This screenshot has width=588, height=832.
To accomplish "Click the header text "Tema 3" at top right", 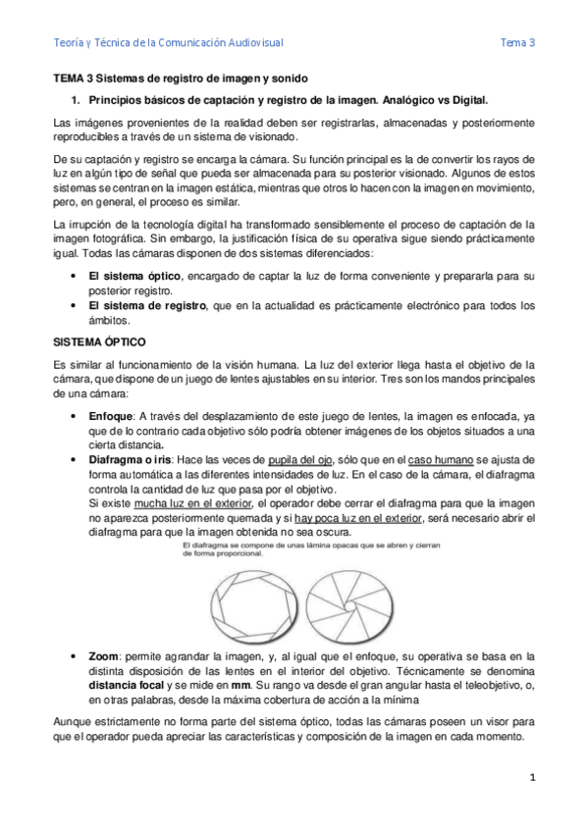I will pyautogui.click(x=516, y=42).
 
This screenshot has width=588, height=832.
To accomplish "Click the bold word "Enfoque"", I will pyautogui.click(x=110, y=416).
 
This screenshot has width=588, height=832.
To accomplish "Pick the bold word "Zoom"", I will pyautogui.click(x=104, y=655).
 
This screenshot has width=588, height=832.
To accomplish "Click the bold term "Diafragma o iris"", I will pyautogui.click(x=132, y=461).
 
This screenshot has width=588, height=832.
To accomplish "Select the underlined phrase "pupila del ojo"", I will pyautogui.click(x=299, y=461).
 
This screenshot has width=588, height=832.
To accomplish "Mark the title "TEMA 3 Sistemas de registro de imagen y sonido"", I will pyautogui.click(x=180, y=78).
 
